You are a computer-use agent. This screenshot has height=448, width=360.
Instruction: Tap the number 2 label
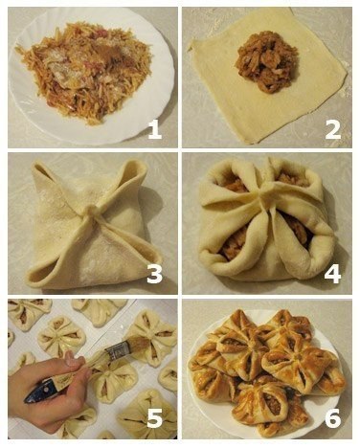pyautogui.click(x=331, y=127)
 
